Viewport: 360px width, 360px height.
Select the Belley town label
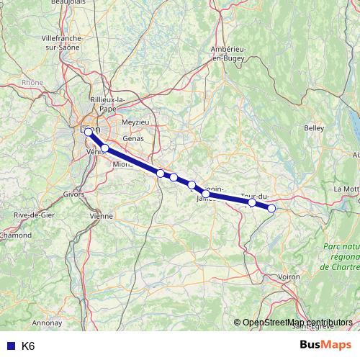(314, 127)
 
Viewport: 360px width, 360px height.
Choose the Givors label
(74, 194)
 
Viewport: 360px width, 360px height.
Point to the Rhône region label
(33, 83)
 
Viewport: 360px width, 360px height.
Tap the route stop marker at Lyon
(89, 132)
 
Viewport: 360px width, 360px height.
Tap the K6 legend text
(28, 346)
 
